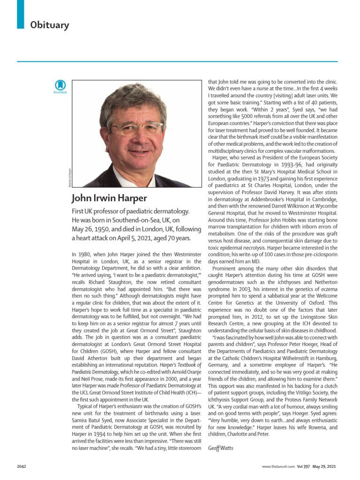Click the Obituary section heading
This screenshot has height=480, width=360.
[49, 25]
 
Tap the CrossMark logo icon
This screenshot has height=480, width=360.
[60, 86]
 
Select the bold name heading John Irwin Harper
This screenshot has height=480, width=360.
[109, 198]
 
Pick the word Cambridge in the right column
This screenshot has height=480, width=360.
[323, 198]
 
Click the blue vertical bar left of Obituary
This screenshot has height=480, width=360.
[20, 14]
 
